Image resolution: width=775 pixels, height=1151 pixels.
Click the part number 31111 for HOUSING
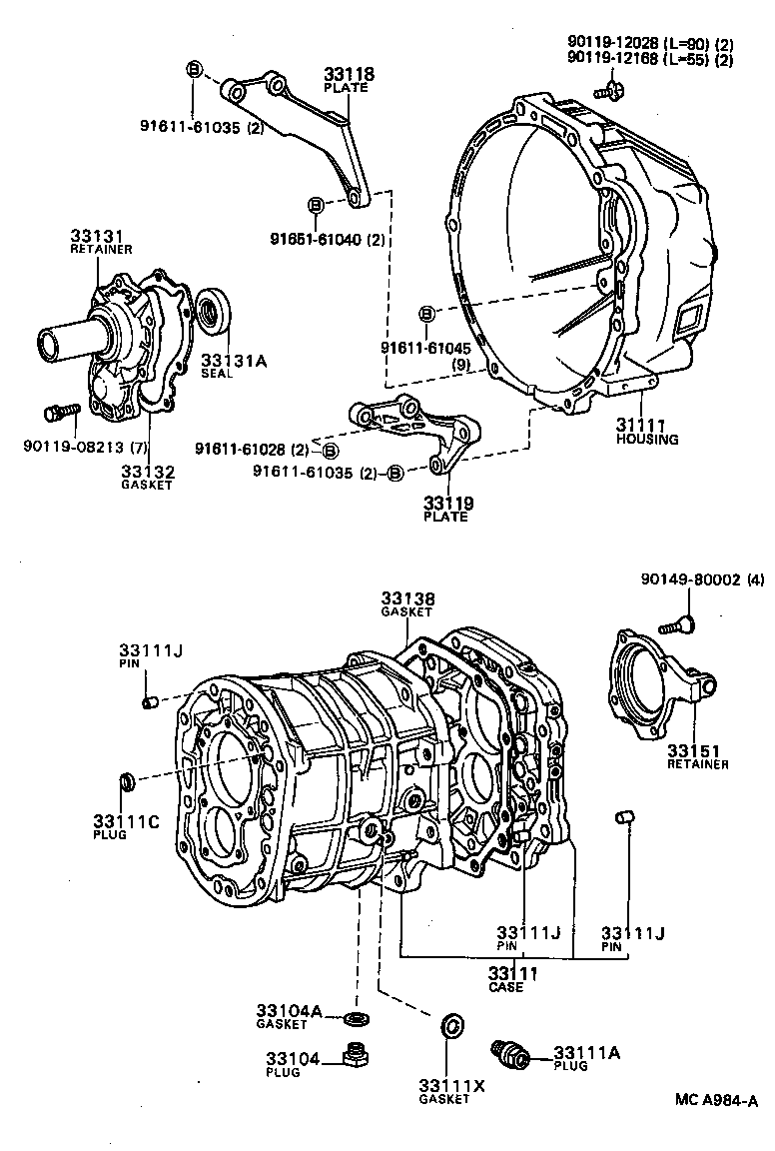click(639, 424)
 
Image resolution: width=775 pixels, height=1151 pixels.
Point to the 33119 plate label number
click(446, 503)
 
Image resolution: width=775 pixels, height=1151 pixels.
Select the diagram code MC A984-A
click(715, 1101)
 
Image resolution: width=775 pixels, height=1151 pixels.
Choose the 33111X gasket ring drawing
click(451, 1025)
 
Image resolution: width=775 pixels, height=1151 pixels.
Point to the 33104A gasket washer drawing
click(353, 1018)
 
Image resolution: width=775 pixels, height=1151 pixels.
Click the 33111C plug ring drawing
click(127, 779)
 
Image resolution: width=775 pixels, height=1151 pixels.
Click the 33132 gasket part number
click(148, 471)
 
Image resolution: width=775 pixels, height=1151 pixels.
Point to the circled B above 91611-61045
click(426, 314)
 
